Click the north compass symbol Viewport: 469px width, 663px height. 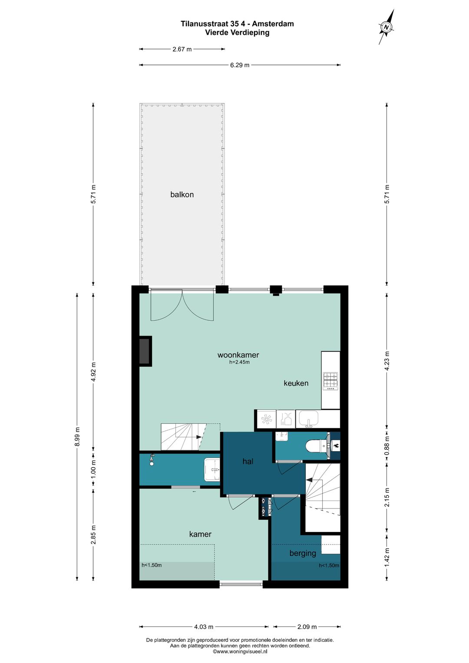coord(386,27)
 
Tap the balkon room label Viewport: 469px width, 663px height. coord(182,195)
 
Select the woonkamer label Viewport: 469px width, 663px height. coord(238,355)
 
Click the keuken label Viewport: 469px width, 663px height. coord(296,383)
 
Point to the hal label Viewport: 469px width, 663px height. coord(248,461)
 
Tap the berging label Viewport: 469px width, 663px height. coord(303,553)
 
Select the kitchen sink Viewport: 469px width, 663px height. coord(308,419)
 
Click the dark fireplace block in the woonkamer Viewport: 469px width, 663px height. coord(145,351)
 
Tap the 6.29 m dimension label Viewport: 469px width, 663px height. coord(240,65)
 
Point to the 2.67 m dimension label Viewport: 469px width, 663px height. coord(182,49)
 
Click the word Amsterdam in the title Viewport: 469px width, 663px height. coord(273,24)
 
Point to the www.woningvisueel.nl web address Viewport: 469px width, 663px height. coord(240,651)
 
